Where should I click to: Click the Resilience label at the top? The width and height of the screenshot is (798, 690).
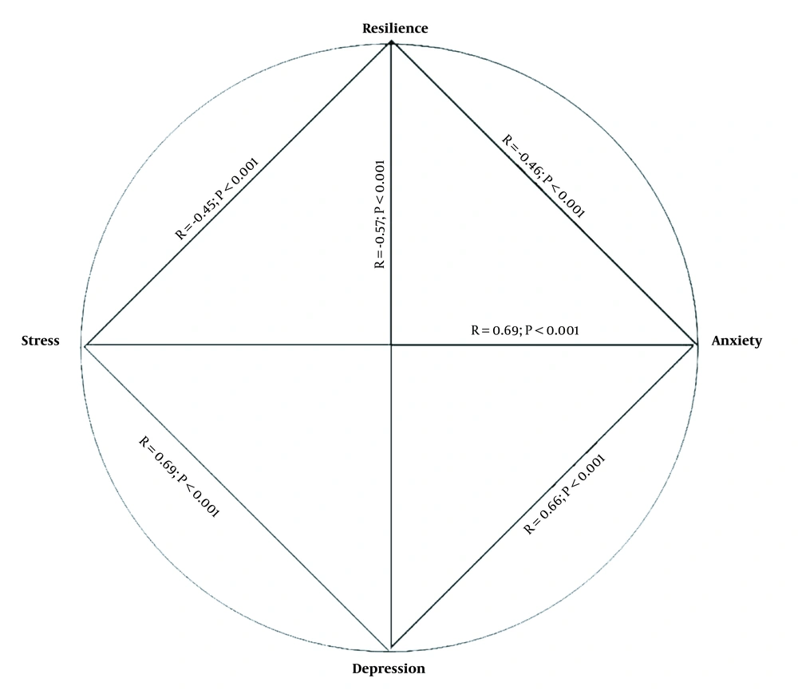395,29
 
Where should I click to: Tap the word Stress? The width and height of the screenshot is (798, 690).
40,341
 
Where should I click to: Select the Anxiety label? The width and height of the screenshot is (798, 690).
737,341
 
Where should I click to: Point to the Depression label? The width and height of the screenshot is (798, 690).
389,668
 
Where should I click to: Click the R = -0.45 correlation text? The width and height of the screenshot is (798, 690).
217,199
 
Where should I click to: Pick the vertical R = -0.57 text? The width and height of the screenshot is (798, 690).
380,215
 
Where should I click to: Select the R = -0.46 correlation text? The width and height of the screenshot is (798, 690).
543,176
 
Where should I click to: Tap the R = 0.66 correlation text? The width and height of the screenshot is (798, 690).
564,494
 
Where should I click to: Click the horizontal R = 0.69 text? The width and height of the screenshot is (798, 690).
525,330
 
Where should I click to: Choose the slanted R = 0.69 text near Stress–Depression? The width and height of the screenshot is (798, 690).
179,477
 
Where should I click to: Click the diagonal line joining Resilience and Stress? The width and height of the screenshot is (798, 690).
238,194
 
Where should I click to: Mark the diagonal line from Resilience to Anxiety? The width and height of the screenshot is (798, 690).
543,194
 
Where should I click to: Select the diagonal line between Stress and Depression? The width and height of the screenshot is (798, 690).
237,497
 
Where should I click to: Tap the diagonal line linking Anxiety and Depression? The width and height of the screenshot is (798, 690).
543,496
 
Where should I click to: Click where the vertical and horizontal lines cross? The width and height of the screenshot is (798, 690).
391,345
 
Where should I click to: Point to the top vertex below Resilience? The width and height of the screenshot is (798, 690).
391,43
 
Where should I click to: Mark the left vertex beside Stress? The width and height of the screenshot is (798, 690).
85,345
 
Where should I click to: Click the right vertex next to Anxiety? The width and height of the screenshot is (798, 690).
695,345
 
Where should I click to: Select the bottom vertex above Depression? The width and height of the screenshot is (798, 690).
390,649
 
